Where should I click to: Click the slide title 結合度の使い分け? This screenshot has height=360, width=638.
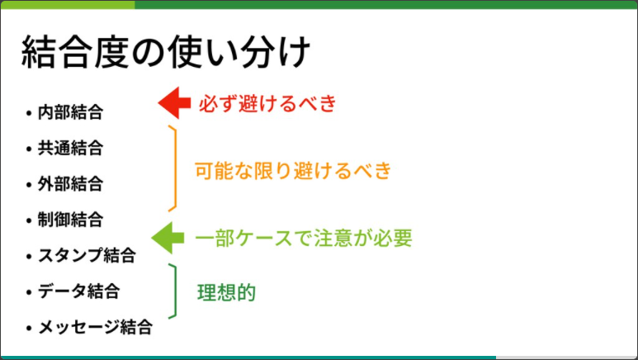point(165,54)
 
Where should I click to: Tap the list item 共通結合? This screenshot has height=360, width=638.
point(70,149)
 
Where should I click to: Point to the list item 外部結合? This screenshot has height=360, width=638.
point(70,183)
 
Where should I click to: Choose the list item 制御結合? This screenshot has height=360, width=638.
point(70,220)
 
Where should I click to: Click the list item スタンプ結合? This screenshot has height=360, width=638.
point(87,255)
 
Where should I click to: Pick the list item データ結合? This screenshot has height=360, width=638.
point(78,291)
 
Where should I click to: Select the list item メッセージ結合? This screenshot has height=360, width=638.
point(95,327)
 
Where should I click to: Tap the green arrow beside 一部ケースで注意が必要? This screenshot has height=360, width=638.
point(168,238)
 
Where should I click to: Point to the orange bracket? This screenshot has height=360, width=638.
point(174,169)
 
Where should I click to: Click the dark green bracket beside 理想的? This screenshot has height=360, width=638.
point(174,291)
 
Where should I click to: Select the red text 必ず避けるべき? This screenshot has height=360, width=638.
point(267,104)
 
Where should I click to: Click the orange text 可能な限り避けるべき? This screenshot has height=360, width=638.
point(292,171)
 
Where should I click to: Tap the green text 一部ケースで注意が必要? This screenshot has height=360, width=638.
point(303,239)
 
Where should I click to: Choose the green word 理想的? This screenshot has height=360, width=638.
point(226,292)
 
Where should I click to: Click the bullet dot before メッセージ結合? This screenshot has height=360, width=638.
point(29,328)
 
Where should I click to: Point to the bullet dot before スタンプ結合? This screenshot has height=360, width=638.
point(29,256)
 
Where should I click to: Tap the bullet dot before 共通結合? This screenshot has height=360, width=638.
point(29,149)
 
